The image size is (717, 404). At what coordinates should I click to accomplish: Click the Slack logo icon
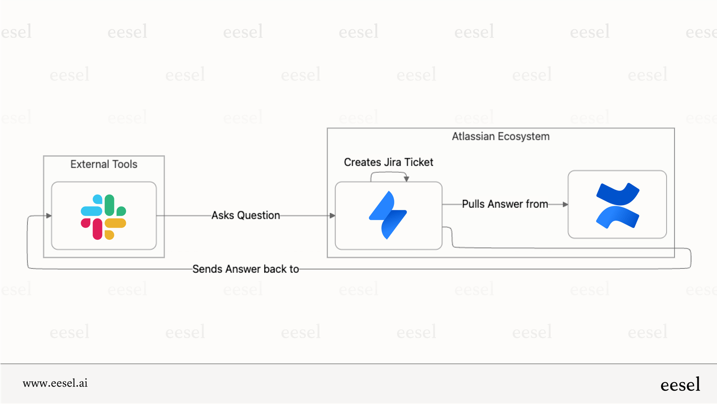click(103, 217)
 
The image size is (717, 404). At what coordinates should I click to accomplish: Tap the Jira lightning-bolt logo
click(388, 215)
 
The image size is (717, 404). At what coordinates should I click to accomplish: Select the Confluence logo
click(617, 205)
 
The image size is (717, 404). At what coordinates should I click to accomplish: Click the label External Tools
click(104, 164)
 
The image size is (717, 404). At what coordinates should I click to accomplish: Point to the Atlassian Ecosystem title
click(501, 136)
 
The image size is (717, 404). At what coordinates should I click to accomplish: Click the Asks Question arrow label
click(246, 215)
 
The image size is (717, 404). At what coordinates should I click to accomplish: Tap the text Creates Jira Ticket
click(388, 162)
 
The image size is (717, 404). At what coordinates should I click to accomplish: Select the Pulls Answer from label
click(505, 204)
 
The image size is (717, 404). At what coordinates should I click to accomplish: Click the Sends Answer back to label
click(245, 269)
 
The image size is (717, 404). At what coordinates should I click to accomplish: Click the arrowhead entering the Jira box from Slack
click(332, 215)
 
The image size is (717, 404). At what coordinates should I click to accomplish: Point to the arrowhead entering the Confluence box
click(565, 204)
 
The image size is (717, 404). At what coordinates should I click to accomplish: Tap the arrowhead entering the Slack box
click(49, 215)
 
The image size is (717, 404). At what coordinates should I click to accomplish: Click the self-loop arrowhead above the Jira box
click(406, 179)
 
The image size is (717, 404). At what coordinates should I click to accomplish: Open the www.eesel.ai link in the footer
click(55, 383)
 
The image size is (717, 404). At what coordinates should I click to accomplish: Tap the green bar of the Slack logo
click(110, 205)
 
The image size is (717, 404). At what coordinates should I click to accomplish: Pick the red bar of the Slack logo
click(97, 229)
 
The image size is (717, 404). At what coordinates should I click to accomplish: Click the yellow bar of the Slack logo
click(115, 223)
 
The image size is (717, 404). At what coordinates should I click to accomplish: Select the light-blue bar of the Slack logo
click(91, 211)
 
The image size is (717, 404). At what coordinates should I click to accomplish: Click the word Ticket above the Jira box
click(419, 162)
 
